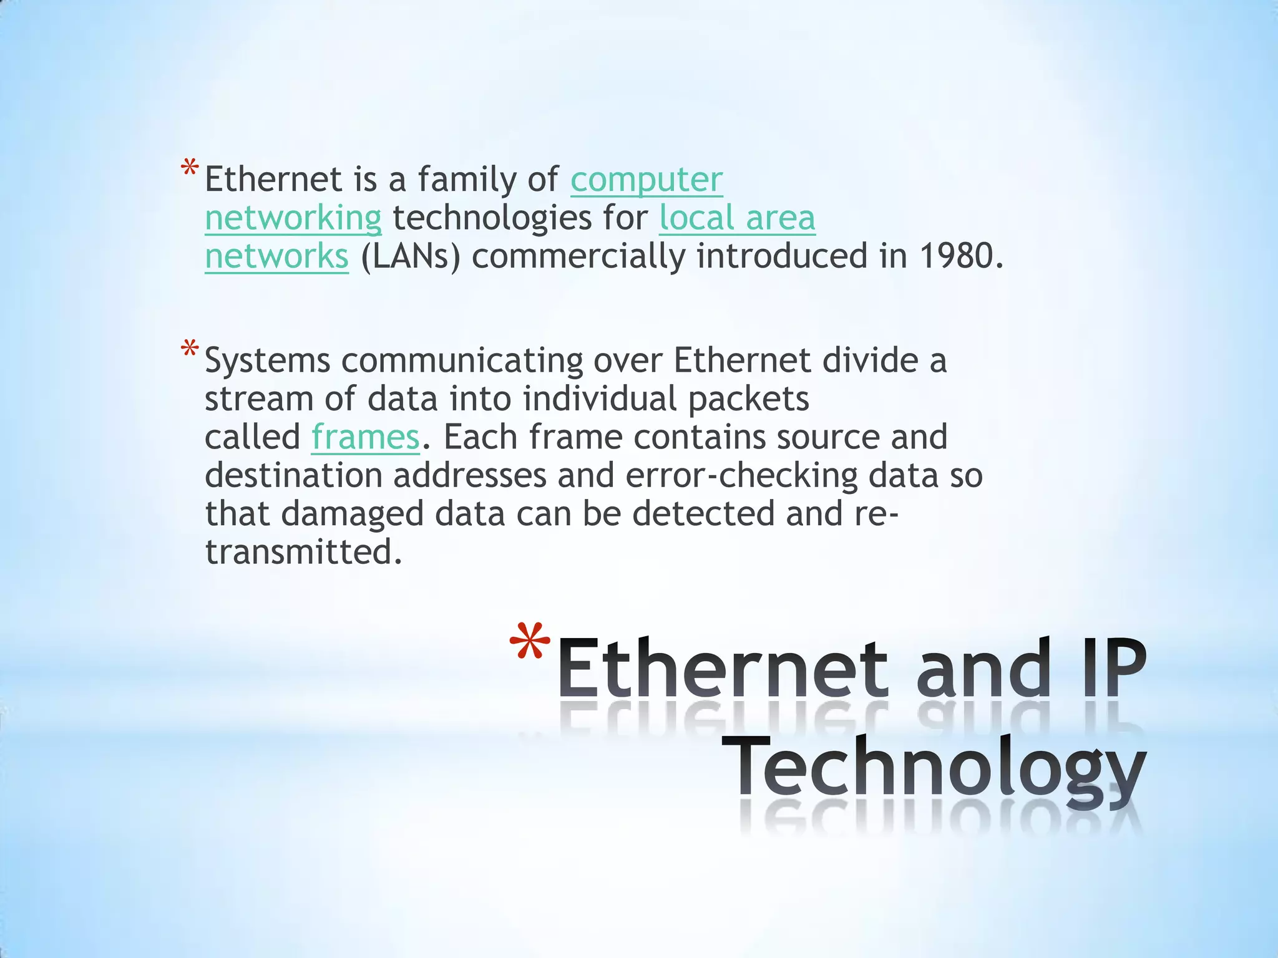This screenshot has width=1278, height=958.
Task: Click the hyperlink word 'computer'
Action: [x=646, y=180]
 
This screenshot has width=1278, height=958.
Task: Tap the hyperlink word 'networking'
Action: [x=293, y=218]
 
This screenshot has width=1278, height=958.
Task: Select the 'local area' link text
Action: [x=737, y=218]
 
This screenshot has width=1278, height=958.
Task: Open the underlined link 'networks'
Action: [x=276, y=256]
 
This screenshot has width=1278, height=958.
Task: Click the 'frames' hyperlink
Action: [x=365, y=437]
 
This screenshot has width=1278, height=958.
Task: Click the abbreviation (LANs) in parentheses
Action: [x=410, y=256]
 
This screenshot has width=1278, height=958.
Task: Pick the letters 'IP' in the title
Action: [x=1114, y=669]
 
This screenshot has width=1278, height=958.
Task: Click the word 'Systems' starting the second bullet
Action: [x=267, y=361]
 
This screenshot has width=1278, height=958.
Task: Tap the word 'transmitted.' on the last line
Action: [x=303, y=553]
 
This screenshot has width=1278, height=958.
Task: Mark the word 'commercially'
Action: [x=578, y=256]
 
